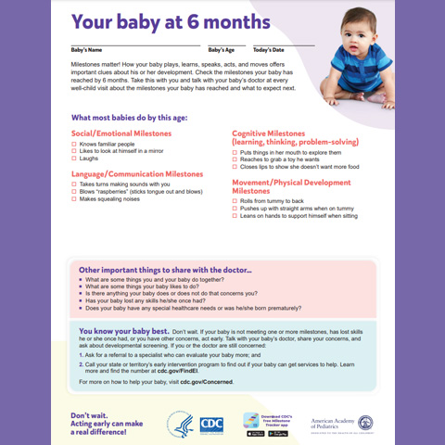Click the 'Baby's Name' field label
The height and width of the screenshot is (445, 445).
tap(89, 49)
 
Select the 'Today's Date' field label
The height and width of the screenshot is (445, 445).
tap(268, 49)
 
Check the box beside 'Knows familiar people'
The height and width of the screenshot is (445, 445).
tap(73, 145)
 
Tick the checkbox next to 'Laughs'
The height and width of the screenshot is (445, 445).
tap(73, 159)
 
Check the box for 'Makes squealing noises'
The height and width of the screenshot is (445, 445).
tap(73, 198)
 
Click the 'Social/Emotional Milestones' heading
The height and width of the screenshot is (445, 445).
tap(121, 133)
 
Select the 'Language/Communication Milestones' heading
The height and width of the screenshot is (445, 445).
tap(136, 173)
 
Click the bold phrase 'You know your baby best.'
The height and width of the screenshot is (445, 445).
tap(123, 331)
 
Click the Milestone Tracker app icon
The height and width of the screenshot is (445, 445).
tap(251, 419)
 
